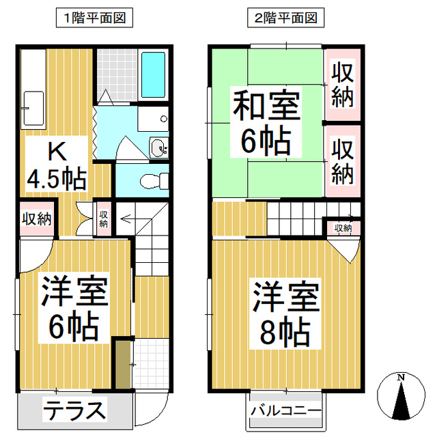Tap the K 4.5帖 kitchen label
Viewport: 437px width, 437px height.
[56, 166]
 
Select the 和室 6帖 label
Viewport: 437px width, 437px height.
[266, 123]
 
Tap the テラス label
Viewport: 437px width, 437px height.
[75, 410]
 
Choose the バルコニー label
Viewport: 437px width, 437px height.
[285, 411]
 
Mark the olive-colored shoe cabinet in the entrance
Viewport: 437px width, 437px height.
[122, 364]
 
